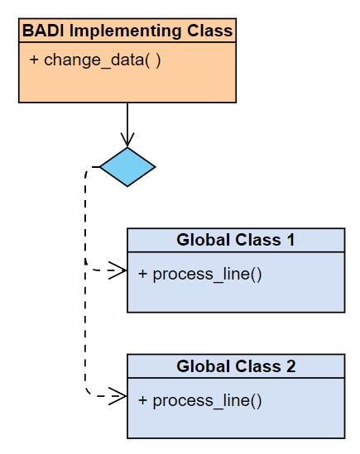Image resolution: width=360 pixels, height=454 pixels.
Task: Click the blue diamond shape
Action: [x=127, y=167]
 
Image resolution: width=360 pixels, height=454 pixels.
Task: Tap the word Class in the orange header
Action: [x=210, y=31]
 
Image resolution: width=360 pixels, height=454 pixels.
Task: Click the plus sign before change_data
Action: [x=34, y=60]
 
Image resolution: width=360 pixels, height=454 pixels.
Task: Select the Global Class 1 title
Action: [x=236, y=240]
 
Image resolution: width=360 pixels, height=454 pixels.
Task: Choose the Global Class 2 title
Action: [x=236, y=366]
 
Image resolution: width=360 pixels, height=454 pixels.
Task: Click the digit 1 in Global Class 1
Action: [x=290, y=240]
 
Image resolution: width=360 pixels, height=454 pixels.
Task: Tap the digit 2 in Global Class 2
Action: [x=291, y=366]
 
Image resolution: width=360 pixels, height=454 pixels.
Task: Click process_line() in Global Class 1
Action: [x=207, y=274]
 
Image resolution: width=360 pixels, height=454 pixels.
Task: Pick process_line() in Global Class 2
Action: [x=207, y=400]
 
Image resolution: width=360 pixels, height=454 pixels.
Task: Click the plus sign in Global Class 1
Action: [x=142, y=274]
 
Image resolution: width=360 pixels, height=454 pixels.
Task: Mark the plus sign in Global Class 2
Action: [x=142, y=400]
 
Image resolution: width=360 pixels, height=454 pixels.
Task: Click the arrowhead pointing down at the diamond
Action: [x=127, y=140]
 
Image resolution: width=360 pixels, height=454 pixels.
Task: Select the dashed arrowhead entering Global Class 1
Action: [x=118, y=270]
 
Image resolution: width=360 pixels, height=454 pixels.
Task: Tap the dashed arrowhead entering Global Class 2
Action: [x=118, y=396]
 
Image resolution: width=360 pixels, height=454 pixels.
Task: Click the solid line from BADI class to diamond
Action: [x=127, y=125]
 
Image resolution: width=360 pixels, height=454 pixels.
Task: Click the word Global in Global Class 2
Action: [x=204, y=366]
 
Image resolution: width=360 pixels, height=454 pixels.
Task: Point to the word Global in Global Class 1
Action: [x=204, y=240]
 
